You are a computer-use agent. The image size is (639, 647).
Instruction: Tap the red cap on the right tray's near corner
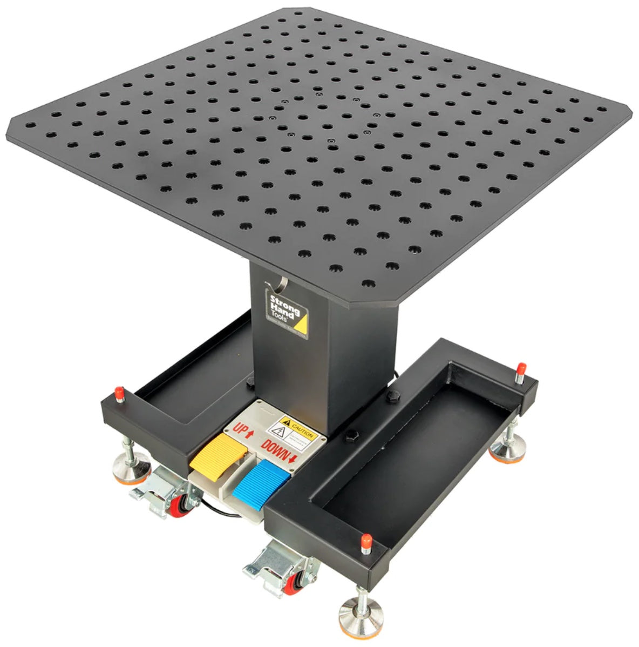pos(366,540)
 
